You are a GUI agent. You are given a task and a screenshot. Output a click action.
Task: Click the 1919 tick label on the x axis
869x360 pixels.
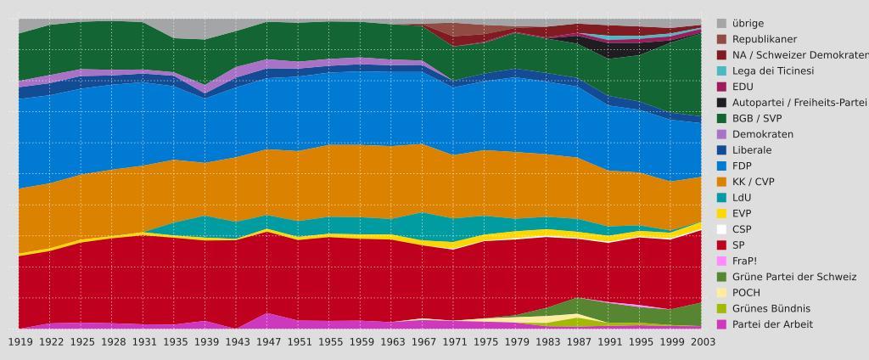20,341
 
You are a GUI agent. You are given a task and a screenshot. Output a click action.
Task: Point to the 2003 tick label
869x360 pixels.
702,341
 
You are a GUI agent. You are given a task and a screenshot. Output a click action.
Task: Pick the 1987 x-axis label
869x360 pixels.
579,341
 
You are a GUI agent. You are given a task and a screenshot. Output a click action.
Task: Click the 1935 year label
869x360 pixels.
175,341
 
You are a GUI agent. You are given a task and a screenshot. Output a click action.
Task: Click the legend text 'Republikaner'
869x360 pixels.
764,39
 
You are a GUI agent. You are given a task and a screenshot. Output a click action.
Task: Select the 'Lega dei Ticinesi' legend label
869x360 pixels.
772,70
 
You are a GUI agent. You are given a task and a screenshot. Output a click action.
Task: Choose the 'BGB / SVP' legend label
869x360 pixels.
756,119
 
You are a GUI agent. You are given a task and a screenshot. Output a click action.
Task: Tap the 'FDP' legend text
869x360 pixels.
743,166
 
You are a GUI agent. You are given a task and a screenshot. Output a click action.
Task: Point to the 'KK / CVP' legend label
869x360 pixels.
753,182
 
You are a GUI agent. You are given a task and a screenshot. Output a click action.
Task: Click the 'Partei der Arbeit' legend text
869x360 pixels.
772,324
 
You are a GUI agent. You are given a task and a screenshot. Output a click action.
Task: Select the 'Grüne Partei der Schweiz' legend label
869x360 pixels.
793,277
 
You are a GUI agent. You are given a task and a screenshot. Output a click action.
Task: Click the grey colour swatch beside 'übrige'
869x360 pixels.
722,24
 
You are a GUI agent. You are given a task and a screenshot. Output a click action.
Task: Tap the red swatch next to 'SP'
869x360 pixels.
722,245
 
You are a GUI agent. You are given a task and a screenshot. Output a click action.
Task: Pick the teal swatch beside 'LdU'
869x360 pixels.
722,198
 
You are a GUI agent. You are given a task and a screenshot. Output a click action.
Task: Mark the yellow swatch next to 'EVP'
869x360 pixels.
722,214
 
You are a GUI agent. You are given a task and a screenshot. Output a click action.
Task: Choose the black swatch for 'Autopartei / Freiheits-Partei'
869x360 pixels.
722,103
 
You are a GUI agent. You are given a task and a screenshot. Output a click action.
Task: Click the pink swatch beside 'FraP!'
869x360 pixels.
722,262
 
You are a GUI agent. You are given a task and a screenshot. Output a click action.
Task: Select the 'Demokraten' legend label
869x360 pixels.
762,134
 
